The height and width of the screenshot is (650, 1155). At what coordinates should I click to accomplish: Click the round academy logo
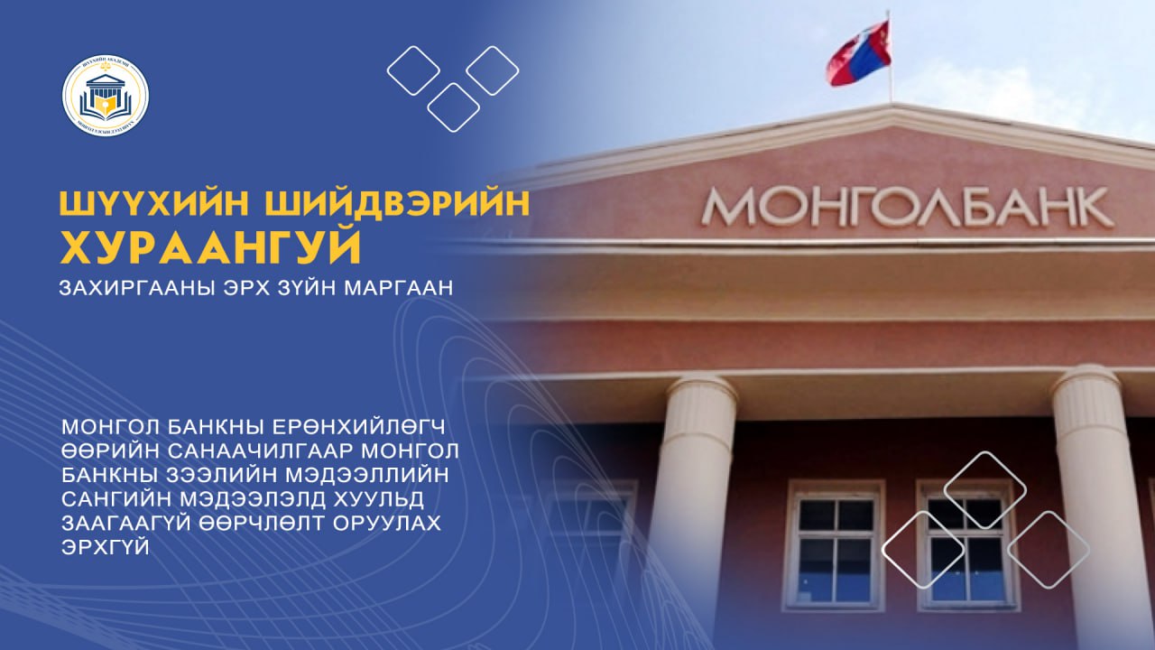[x=106, y=96]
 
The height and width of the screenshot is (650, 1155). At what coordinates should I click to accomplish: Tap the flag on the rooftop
[x=858, y=53]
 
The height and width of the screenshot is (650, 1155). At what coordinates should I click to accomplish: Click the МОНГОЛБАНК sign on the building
[x=907, y=207]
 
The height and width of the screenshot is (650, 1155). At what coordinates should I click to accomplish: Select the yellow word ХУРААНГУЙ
[x=210, y=247]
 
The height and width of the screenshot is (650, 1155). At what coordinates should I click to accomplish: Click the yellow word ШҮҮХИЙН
[x=154, y=204]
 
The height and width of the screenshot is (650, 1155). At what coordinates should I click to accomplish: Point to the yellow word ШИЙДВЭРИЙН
[x=398, y=204]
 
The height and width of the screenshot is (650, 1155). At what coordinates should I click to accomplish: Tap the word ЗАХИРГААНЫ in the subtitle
[x=137, y=287]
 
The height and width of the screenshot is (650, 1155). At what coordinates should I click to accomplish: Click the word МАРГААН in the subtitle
[x=398, y=287]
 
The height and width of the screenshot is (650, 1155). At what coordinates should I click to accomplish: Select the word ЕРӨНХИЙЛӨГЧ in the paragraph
[x=358, y=427]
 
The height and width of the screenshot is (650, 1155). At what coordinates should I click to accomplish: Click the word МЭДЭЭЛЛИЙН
[x=367, y=475]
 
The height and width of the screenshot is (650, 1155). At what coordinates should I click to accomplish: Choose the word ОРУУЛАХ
[x=387, y=523]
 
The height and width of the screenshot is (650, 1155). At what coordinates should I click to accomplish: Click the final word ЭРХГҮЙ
[x=106, y=547]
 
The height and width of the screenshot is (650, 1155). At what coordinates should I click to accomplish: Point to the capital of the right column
[x=1088, y=396]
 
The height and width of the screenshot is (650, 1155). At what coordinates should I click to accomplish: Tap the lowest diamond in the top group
[x=454, y=107]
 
